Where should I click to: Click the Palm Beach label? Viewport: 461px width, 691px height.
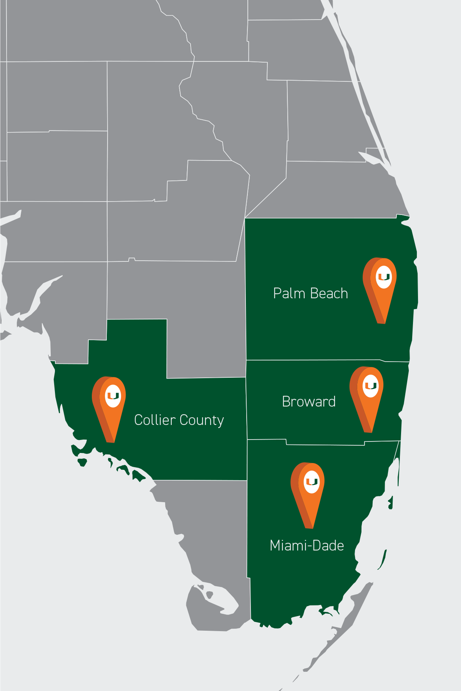pyautogui.click(x=310, y=293)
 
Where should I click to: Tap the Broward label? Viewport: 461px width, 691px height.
pyautogui.click(x=309, y=402)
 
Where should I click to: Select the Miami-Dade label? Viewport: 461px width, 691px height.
pyautogui.click(x=307, y=546)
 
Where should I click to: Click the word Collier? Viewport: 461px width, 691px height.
pyautogui.click(x=155, y=420)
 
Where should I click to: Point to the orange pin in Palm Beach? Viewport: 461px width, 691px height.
pyautogui.click(x=380, y=286)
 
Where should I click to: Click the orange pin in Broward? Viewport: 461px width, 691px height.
pyautogui.click(x=367, y=395)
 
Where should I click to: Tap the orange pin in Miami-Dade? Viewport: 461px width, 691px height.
pyautogui.click(x=308, y=491)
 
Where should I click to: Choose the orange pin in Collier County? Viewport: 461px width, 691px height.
pyautogui.click(x=109, y=405)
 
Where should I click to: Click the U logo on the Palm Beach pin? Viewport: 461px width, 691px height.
pyautogui.click(x=384, y=276)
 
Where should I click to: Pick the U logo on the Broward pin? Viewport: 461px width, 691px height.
pyautogui.click(x=371, y=385)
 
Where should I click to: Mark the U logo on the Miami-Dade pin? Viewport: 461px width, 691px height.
pyautogui.click(x=312, y=481)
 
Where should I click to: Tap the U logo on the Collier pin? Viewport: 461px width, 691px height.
pyautogui.click(x=113, y=396)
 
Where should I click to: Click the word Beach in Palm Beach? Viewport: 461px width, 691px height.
pyautogui.click(x=329, y=293)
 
